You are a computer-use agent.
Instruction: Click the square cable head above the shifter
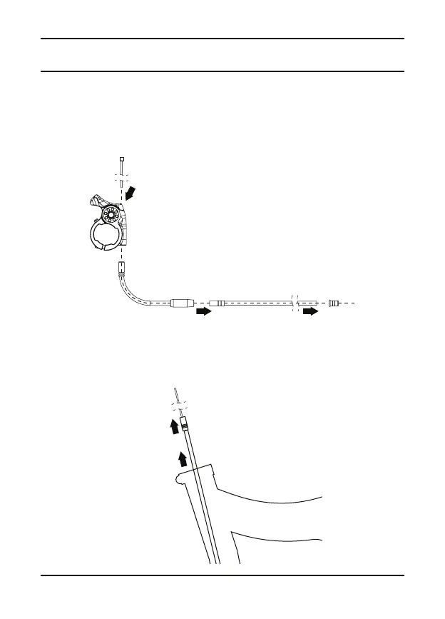(122, 159)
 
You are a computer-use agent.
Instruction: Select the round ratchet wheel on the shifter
(111, 215)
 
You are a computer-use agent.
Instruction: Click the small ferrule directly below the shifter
(122, 269)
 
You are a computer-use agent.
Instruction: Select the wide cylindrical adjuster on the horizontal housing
(182, 303)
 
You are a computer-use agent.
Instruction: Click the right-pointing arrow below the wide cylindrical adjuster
(204, 311)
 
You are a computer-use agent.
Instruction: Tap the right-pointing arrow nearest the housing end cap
(310, 311)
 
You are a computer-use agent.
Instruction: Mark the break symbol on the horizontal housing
(294, 303)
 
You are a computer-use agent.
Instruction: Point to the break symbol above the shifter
(122, 175)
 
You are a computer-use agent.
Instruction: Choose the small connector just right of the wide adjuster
(218, 303)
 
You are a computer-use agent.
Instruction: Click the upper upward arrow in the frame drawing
(172, 427)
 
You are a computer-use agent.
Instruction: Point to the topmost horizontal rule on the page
(222, 39)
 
